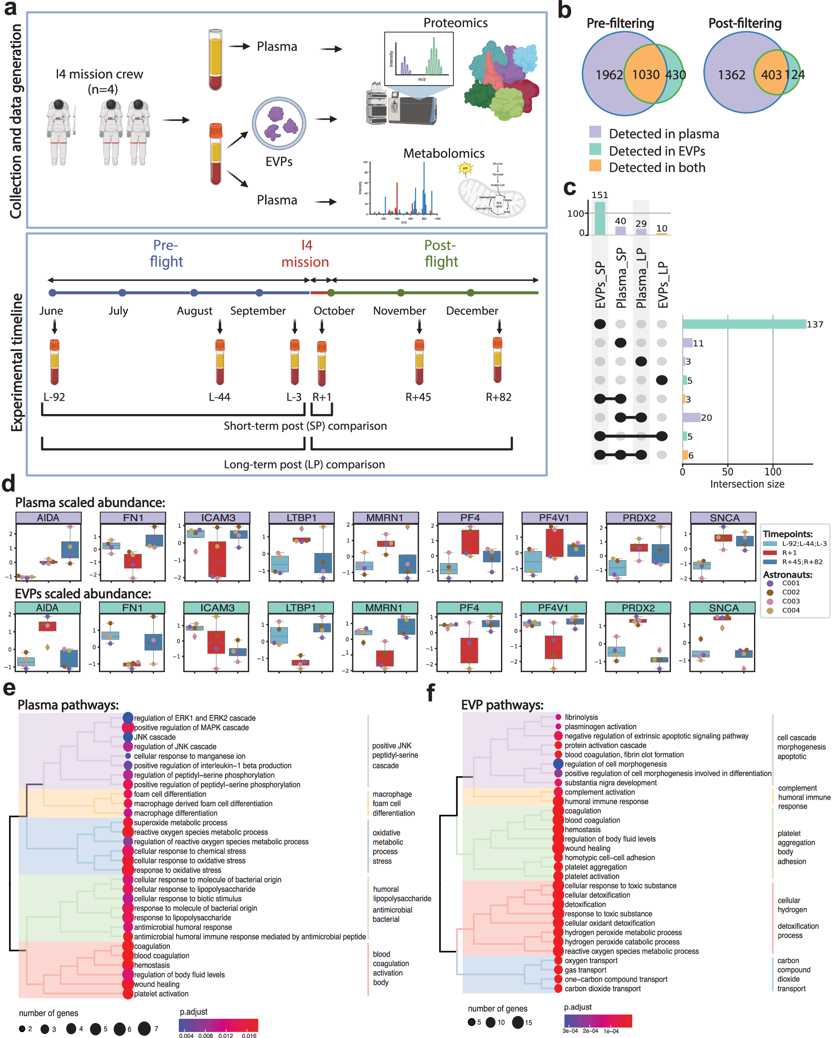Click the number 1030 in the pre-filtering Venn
pyautogui.click(x=645, y=75)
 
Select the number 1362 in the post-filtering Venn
pyautogui.click(x=731, y=75)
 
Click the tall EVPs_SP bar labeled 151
pyautogui.click(x=600, y=218)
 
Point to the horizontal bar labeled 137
pyautogui.click(x=744, y=324)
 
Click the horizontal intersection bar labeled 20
pyautogui.click(x=691, y=417)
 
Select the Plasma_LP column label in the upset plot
pyautogui.click(x=641, y=278)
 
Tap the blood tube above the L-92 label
pyautogui.click(x=54, y=361)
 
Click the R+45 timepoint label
pyautogui.click(x=418, y=397)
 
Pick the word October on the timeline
pyautogui.click(x=334, y=311)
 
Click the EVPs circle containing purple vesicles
pyautogui.click(x=279, y=123)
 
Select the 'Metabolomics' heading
pyautogui.click(x=443, y=153)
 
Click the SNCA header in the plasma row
pyautogui.click(x=724, y=518)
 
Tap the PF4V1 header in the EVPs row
pyautogui.click(x=553, y=608)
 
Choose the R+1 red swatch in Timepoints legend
pyautogui.click(x=769, y=553)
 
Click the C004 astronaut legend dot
pyautogui.click(x=769, y=611)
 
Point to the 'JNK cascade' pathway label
pyautogui.click(x=154, y=737)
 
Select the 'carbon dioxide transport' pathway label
pyautogui.click(x=602, y=988)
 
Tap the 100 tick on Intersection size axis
pyautogui.click(x=772, y=472)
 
